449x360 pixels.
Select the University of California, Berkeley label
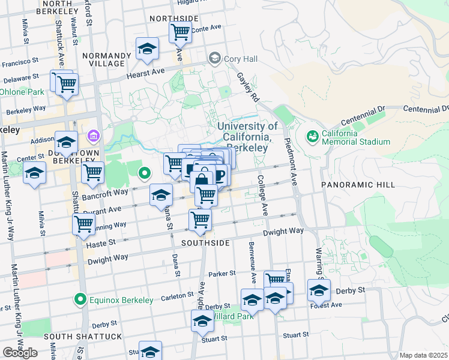coord(247,137)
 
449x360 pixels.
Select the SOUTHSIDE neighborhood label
coord(206,243)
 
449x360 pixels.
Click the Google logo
coord(20,353)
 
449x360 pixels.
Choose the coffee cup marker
coord(219,175)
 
